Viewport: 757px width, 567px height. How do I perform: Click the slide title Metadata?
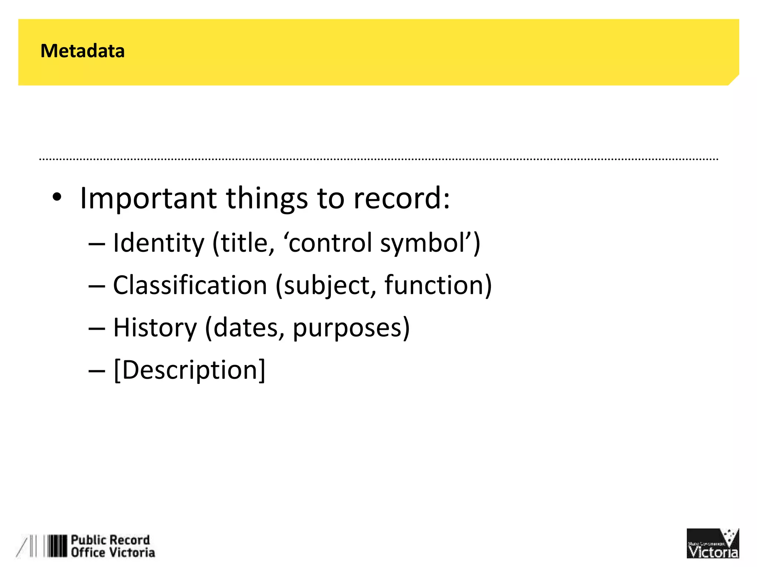coord(82,51)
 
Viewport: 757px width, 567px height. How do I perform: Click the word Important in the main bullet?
coord(148,199)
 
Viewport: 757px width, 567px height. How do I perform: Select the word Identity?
coord(158,244)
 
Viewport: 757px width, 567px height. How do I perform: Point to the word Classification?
coord(190,285)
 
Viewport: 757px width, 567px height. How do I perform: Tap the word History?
coord(155,328)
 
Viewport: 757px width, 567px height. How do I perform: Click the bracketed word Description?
coord(189,370)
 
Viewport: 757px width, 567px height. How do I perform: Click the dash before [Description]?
coord(97,371)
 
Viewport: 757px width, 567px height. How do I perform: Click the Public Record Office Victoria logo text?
coord(112,546)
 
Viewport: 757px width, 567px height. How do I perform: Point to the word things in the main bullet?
coord(267,199)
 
